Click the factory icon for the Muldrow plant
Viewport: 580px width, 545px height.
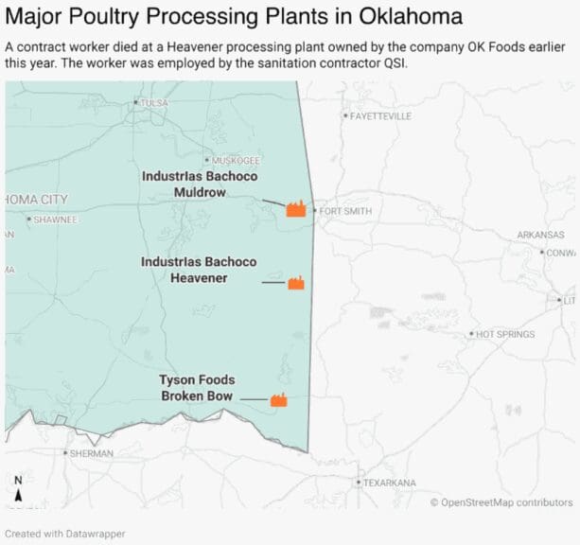coord(296,210)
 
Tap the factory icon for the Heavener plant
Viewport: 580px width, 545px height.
coord(296,283)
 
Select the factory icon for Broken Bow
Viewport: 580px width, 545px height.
coord(279,400)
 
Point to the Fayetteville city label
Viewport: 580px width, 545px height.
coord(380,116)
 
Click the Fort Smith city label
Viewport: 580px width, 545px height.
coord(345,211)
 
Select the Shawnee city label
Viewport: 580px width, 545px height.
coord(56,220)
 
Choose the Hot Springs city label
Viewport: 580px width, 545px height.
coord(504,334)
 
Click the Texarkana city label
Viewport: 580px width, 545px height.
coord(389,483)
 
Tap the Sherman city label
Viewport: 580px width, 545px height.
coord(90,453)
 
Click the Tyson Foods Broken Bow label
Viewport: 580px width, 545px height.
coord(197,388)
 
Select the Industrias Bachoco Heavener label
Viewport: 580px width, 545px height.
coord(199,270)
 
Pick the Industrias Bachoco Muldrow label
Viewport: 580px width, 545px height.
coord(199,184)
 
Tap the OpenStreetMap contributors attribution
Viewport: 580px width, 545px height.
coord(501,502)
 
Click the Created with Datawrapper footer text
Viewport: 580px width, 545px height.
coord(65,534)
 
